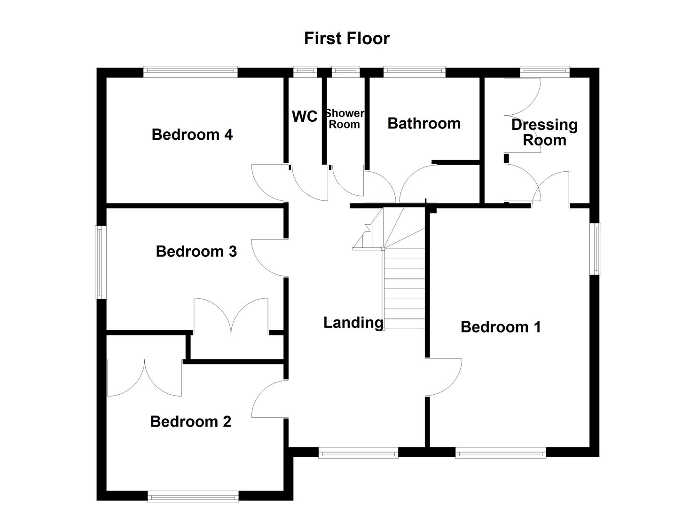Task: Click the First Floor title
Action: [346, 38]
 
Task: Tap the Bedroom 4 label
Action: [192, 135]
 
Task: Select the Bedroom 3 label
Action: [196, 251]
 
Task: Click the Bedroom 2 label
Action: [190, 421]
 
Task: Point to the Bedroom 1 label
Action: [501, 327]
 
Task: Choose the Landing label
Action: [353, 323]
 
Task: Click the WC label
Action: [305, 116]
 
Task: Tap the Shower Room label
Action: [345, 119]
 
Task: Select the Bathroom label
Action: [424, 123]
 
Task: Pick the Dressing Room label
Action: [544, 132]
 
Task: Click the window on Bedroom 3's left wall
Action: [100, 262]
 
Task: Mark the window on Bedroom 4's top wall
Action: [190, 71]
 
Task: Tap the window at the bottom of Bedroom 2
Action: [193, 496]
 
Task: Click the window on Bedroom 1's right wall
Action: [596, 248]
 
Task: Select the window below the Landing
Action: [358, 453]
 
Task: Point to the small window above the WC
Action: [305, 71]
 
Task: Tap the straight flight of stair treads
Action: [405, 289]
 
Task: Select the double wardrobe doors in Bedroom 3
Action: [231, 315]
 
